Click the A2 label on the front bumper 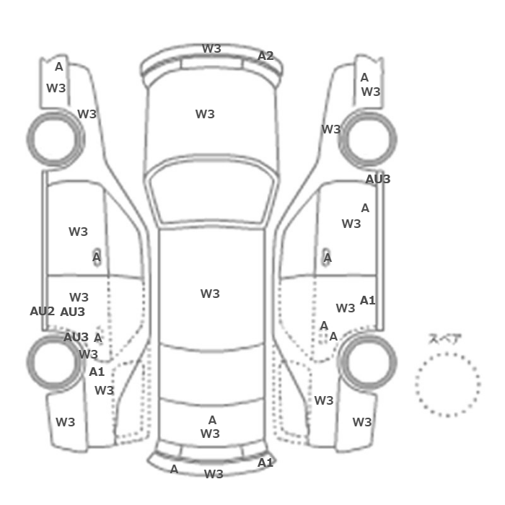click(x=265, y=56)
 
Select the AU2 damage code click(x=42, y=311)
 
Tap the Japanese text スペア click(x=445, y=339)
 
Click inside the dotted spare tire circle click(x=447, y=385)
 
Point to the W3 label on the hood click(x=205, y=114)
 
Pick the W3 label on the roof click(x=210, y=294)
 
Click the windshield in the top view click(x=211, y=192)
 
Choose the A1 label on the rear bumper click(x=265, y=463)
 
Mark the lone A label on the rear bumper click(x=174, y=469)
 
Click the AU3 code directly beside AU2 click(x=72, y=312)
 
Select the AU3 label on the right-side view click(x=378, y=179)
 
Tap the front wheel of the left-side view click(x=56, y=139)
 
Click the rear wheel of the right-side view click(x=367, y=361)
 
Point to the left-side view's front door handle click(x=97, y=257)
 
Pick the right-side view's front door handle click(x=327, y=258)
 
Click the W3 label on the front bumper click(x=211, y=48)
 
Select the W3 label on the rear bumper click(x=214, y=474)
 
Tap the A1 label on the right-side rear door click(x=367, y=301)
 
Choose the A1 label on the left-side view click(x=97, y=372)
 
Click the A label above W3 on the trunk click(x=212, y=420)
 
